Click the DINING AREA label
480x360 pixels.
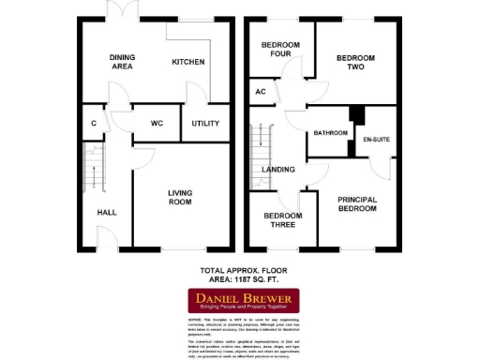click(x=122, y=62)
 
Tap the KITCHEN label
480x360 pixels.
click(x=187, y=62)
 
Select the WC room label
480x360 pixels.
click(x=156, y=124)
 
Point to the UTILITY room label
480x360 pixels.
click(x=205, y=124)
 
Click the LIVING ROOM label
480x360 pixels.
click(x=180, y=198)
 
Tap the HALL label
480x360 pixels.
click(x=106, y=213)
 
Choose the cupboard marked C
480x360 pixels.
click(x=95, y=124)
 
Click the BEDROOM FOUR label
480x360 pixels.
click(x=278, y=50)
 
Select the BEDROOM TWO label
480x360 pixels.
click(x=355, y=63)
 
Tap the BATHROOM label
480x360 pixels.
click(x=330, y=133)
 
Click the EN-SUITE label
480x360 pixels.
click(x=376, y=139)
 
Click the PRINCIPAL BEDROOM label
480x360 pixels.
click(x=357, y=203)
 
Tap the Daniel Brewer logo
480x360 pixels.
click(x=240, y=301)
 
